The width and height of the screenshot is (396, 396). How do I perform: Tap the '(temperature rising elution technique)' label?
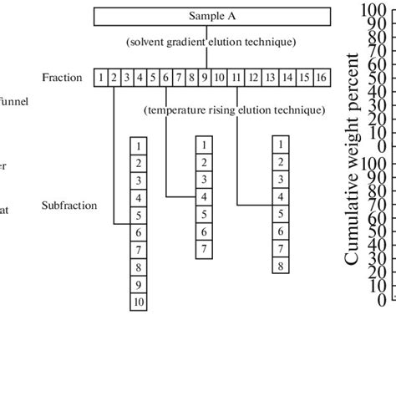click(x=234, y=109)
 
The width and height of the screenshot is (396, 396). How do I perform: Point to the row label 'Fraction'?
click(x=62, y=78)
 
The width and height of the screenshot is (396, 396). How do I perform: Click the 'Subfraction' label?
click(x=69, y=205)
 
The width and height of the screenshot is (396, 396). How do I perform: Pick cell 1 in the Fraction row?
click(x=101, y=78)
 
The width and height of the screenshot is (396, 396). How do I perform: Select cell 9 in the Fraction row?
click(x=204, y=78)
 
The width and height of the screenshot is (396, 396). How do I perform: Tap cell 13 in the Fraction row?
click(x=270, y=78)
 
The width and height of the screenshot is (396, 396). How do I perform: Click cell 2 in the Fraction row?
click(x=114, y=78)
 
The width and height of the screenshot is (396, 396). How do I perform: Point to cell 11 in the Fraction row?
click(x=236, y=78)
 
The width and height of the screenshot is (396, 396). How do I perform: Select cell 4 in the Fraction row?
click(x=140, y=78)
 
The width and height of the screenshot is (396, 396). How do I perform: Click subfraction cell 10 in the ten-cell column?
click(x=139, y=302)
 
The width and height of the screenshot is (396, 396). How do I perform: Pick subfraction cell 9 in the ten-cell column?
click(x=139, y=285)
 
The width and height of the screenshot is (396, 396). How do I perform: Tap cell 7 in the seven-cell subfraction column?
click(x=204, y=250)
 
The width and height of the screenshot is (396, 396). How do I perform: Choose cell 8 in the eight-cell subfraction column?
click(x=281, y=267)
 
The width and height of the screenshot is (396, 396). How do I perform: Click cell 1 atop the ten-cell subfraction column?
click(x=139, y=145)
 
